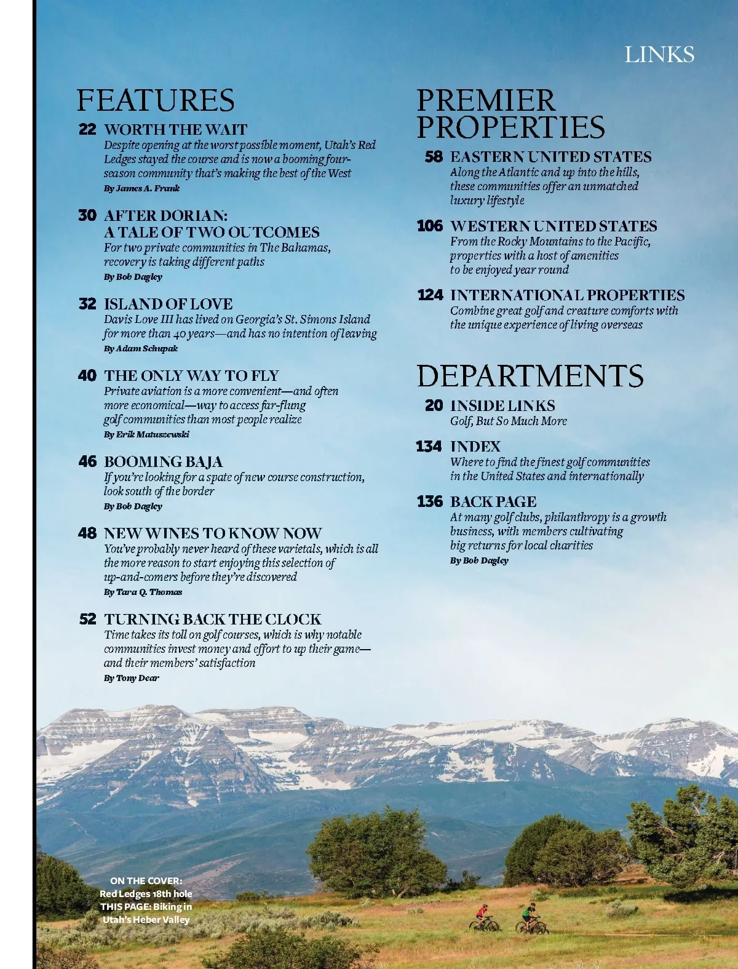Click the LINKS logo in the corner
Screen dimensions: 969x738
coord(659,55)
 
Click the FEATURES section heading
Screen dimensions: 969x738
coord(156,100)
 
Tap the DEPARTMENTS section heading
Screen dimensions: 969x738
coord(530,376)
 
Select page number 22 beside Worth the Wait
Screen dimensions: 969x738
coord(87,129)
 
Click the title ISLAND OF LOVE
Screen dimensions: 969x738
coord(168,304)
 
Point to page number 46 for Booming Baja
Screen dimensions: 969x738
coord(87,461)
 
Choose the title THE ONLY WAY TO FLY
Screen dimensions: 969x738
coord(191,375)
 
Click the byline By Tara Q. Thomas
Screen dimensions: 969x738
coord(143,592)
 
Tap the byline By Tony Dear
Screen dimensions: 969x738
coord(131,678)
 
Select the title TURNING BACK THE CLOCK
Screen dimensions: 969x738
coord(213,619)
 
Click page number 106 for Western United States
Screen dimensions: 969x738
coord(430,226)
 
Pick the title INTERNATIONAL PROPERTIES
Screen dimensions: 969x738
coord(567,295)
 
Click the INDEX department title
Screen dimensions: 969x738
coord(475,447)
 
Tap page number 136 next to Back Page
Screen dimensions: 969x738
coord(430,501)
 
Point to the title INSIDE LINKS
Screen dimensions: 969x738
coord(502,405)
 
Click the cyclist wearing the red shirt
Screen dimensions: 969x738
coord(484,917)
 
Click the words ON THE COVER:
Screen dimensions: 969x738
coord(146,880)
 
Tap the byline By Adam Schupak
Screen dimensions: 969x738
coord(141,348)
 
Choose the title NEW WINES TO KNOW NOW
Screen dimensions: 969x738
coord(213,533)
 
